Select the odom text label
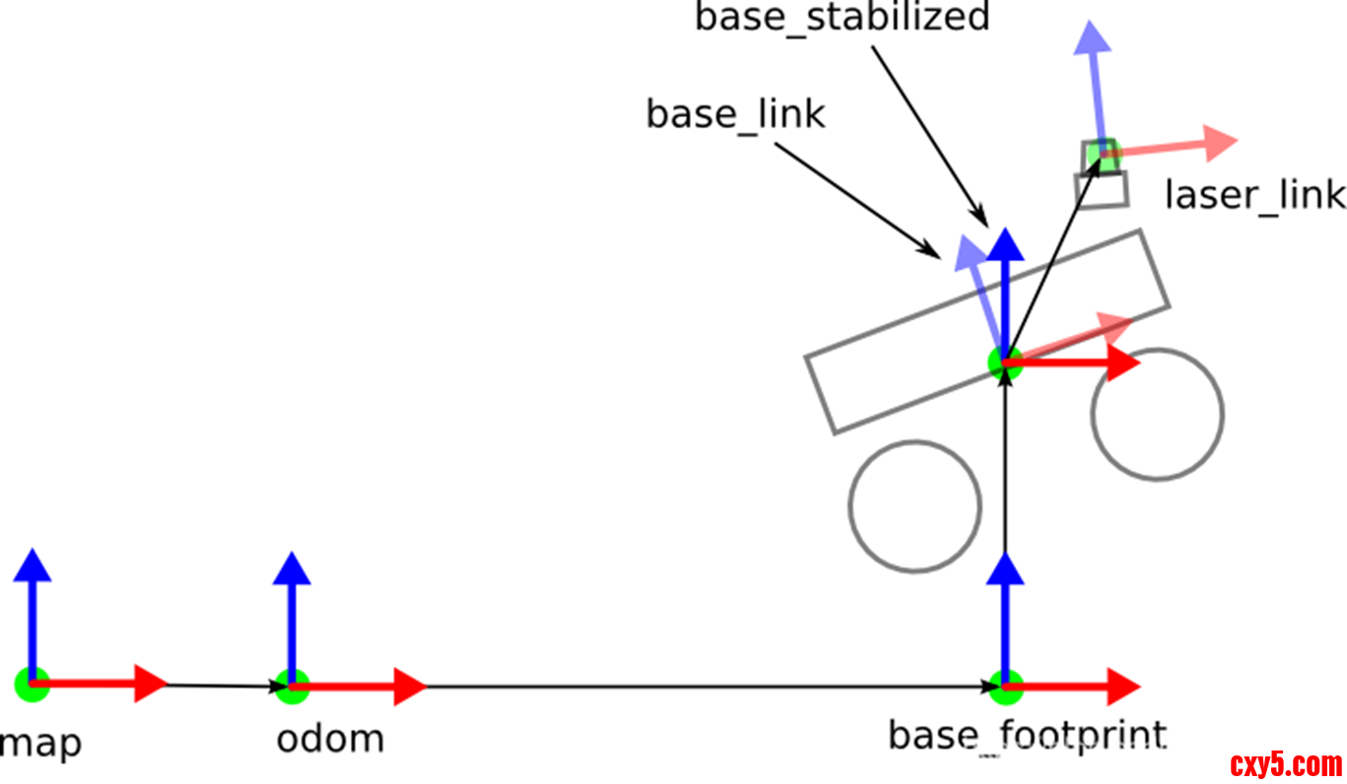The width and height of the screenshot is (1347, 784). (x=330, y=739)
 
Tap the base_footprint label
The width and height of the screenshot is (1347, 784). (x=1027, y=736)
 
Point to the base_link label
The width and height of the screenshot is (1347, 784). (x=735, y=114)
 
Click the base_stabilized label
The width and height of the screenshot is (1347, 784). (x=842, y=17)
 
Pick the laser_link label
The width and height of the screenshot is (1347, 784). (x=1254, y=195)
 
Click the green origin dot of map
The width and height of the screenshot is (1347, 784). (x=32, y=684)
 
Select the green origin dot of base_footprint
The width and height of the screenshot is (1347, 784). (x=1005, y=686)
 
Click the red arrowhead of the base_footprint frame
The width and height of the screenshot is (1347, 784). (x=1122, y=685)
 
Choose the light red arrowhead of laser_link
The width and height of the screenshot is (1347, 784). (x=1220, y=144)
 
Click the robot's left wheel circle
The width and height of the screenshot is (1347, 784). (x=914, y=505)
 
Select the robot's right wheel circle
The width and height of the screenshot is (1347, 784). (x=1157, y=415)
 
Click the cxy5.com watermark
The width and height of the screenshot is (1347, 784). (x=1286, y=764)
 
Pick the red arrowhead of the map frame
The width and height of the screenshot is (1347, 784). (x=151, y=684)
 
